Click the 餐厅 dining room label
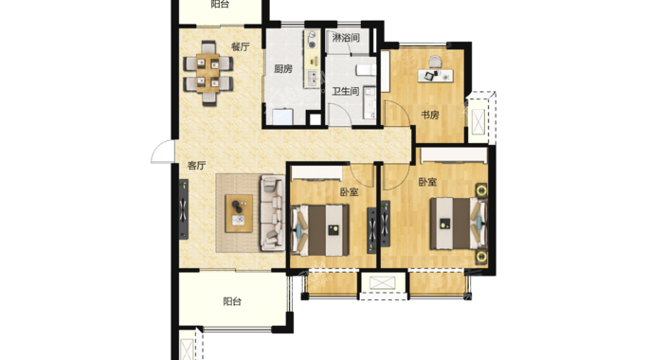pos(241,46)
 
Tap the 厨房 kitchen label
pos(283,68)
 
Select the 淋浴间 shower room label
pos(346,38)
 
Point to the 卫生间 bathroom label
pos(346,91)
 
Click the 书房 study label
pos(430,115)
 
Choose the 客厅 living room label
pos(196,166)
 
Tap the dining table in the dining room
pos(208,73)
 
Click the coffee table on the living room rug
pos(239,213)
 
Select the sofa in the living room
pos(272,212)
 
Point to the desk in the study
pos(436,76)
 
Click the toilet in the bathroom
pos(367,70)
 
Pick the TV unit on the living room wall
pos(184,209)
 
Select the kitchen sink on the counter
pos(312,78)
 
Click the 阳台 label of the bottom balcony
pos(232,301)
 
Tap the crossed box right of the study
pos(479,121)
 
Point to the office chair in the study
pos(435,63)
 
